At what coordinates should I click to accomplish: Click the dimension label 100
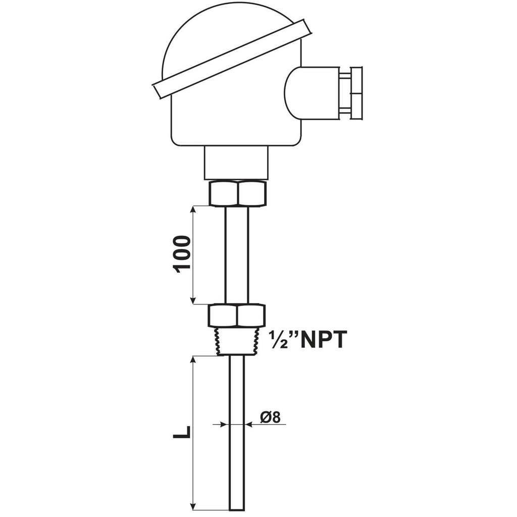182,254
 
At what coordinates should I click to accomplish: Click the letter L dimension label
182,432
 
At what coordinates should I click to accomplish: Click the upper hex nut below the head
237,193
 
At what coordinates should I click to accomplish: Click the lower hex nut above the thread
236,316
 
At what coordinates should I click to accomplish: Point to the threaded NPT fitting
237,341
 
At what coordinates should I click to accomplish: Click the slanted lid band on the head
232,59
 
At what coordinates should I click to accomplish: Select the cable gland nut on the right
356,93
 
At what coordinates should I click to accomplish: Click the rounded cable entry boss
311,93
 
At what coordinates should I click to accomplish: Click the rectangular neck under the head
236,163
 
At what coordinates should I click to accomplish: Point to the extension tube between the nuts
237,255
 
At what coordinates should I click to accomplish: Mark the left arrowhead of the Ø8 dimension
225,425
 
